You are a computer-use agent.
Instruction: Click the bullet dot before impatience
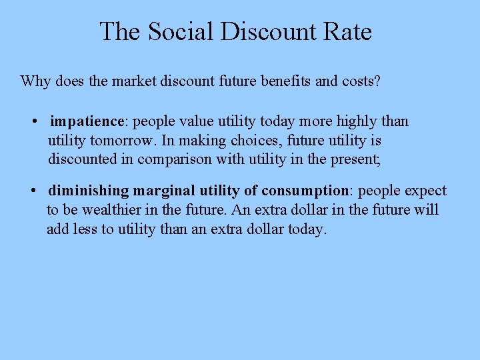[33, 122]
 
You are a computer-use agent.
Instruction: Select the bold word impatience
[87, 121]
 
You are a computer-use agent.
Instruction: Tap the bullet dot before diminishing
[33, 191]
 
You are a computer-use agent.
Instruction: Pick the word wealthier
[113, 210]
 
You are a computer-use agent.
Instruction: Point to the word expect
[425, 191]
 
